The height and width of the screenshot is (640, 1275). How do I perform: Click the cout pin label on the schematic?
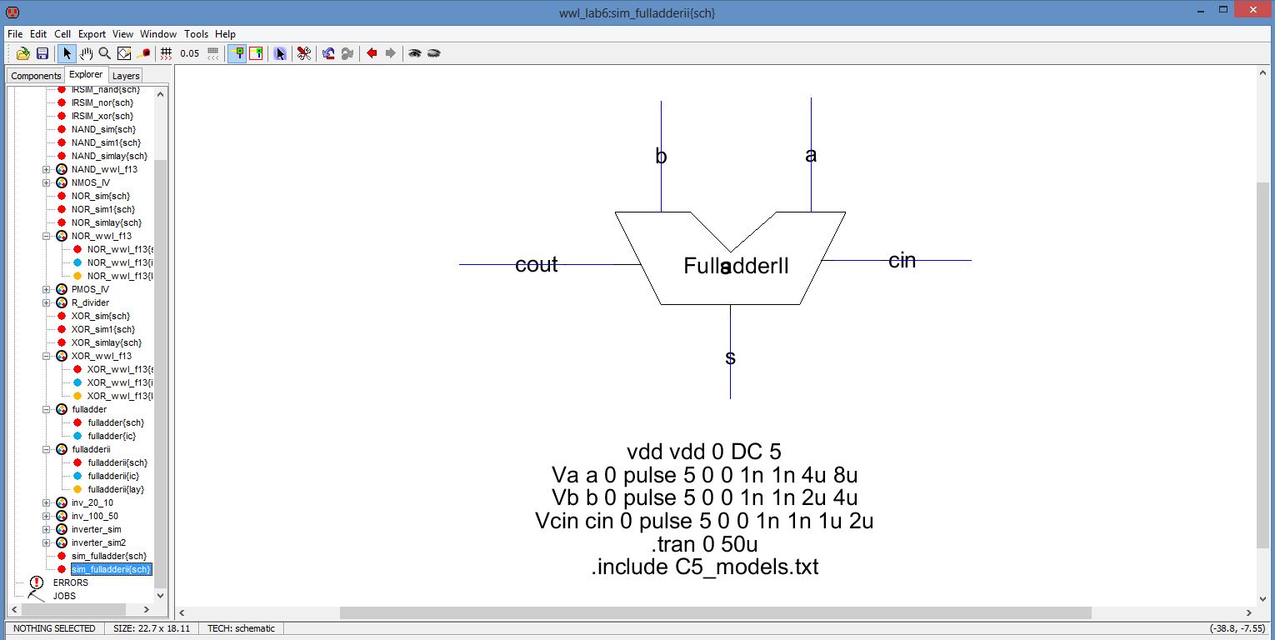(536, 265)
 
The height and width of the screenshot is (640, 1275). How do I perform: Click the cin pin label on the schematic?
(902, 261)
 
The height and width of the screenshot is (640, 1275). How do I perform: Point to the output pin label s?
(731, 358)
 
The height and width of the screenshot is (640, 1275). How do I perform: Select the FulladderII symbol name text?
(736, 266)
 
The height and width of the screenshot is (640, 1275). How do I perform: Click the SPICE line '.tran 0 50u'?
(704, 544)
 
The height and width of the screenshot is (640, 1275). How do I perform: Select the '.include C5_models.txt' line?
(704, 567)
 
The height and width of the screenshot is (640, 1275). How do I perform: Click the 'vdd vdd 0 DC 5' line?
(704, 452)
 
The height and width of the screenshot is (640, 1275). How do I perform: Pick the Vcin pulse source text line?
(704, 521)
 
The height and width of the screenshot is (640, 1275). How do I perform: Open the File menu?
(15, 34)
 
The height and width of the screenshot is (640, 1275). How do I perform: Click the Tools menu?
(196, 34)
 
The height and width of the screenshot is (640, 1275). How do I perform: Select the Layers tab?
(126, 76)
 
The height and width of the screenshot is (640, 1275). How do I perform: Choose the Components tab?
(36, 76)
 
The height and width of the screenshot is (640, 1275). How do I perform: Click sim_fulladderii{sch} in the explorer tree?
(111, 569)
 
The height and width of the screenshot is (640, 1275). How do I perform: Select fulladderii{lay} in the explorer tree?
(116, 489)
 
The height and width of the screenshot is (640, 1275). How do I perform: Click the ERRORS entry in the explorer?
(70, 582)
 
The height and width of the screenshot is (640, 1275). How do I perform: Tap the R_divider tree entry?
(90, 302)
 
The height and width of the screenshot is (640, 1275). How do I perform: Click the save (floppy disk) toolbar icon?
(42, 53)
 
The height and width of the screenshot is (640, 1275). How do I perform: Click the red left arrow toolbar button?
(372, 53)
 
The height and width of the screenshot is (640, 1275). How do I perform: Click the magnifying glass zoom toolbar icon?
(105, 53)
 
